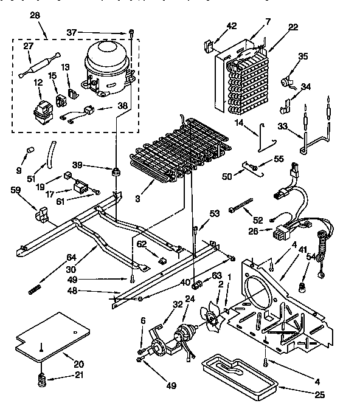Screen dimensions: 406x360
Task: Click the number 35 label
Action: click(x=303, y=56)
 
